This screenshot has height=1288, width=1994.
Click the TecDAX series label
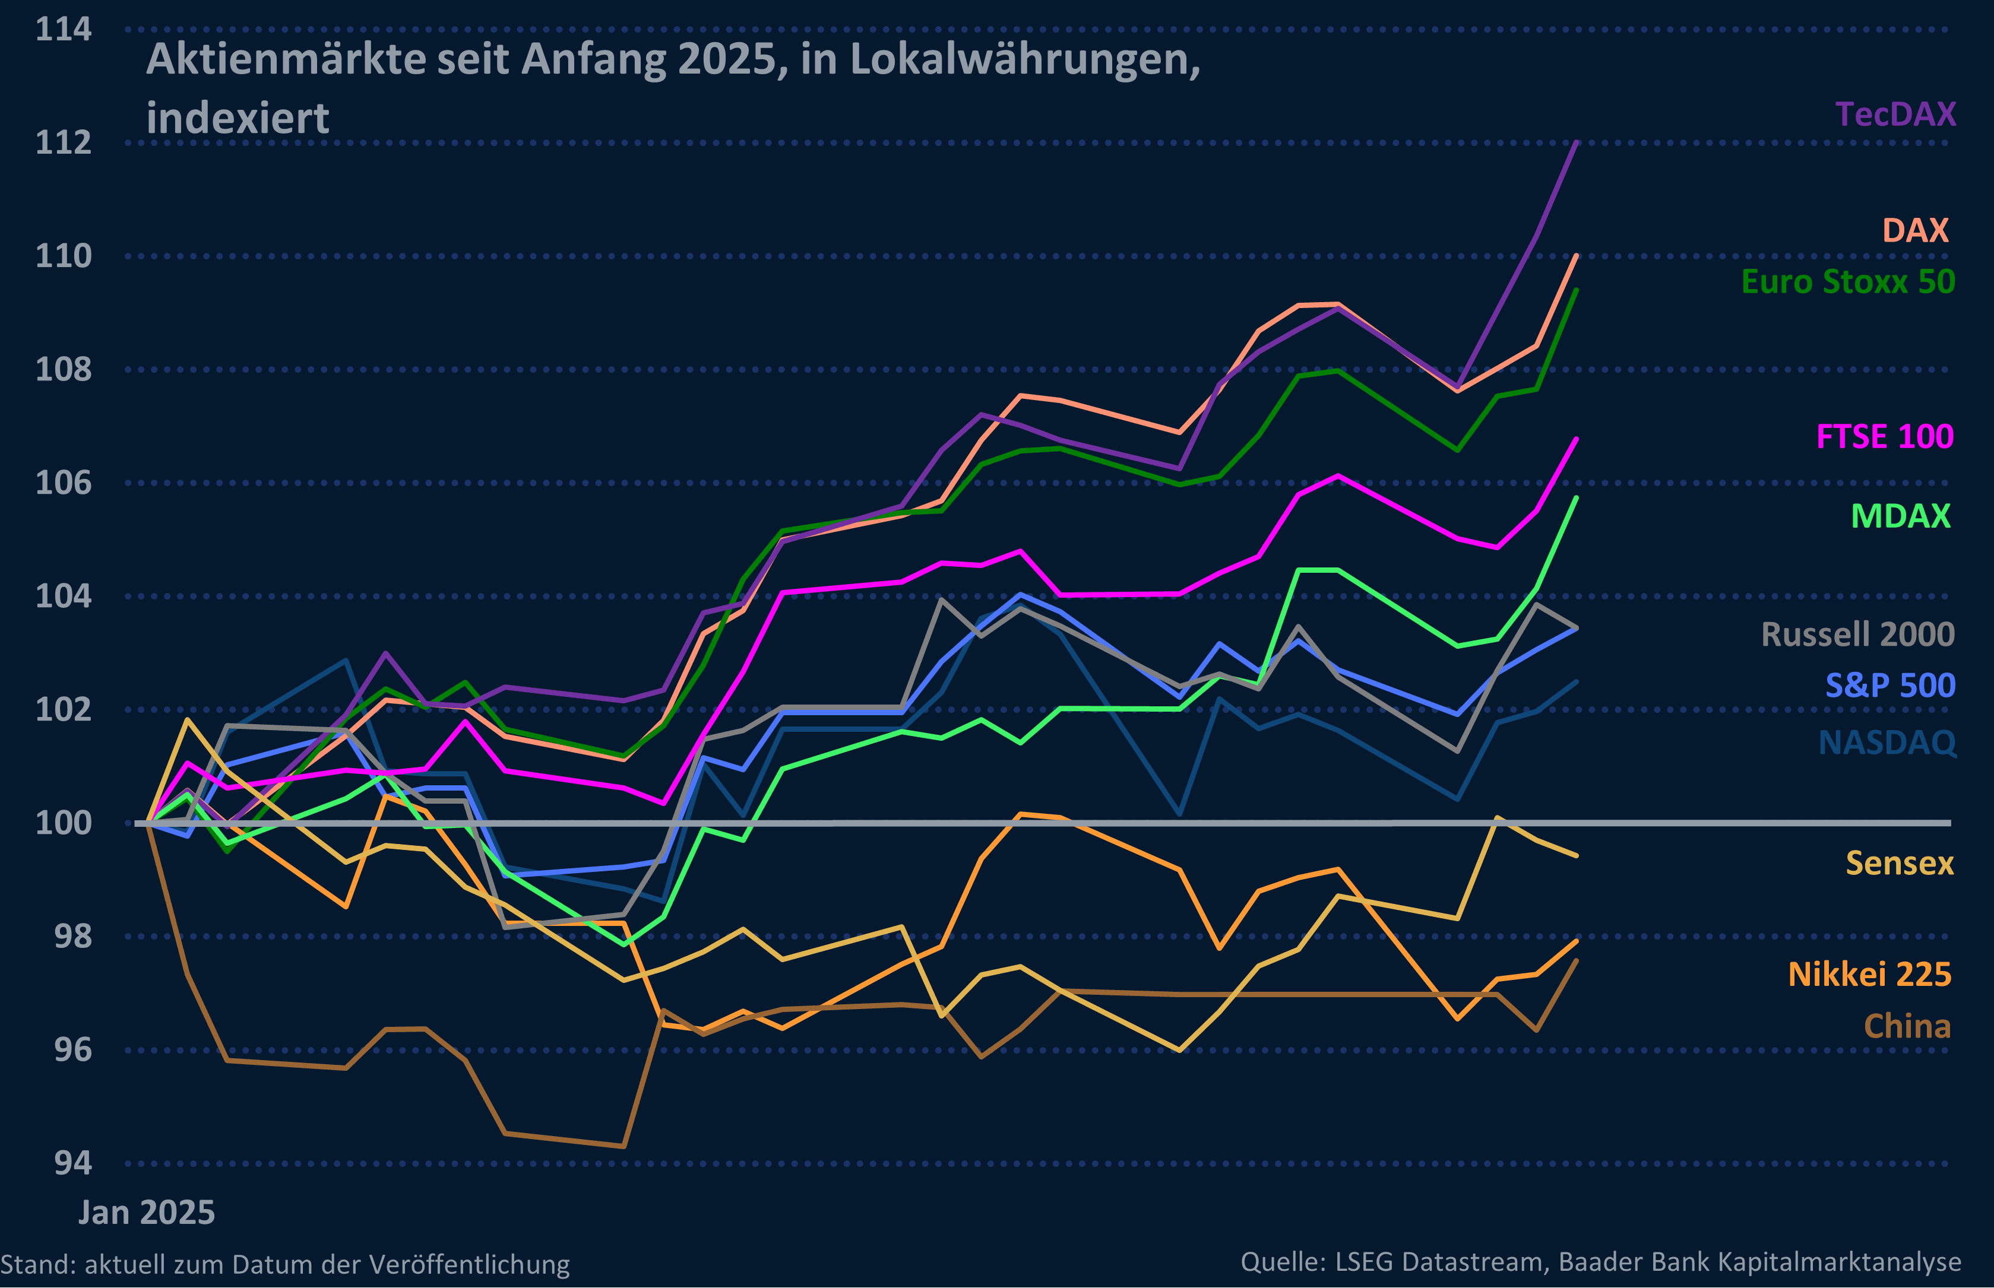pyautogui.click(x=1895, y=114)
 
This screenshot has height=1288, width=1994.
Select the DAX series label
pyautogui.click(x=1916, y=230)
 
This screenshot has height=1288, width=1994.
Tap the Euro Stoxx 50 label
pyautogui.click(x=1847, y=282)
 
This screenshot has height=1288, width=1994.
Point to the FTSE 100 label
pyautogui.click(x=1884, y=437)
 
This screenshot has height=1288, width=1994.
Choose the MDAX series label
pyautogui.click(x=1900, y=516)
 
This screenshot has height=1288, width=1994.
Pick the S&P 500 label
pyautogui.click(x=1890, y=686)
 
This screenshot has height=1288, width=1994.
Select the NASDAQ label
pyautogui.click(x=1887, y=743)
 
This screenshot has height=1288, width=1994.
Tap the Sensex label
pyautogui.click(x=1900, y=863)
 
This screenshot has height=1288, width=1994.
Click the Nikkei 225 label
pyautogui.click(x=1869, y=975)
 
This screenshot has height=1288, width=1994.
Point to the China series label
pyautogui.click(x=1907, y=1026)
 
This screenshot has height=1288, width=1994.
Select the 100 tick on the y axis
pyautogui.click(x=64, y=823)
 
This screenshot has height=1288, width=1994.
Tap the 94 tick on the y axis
pyautogui.click(x=73, y=1163)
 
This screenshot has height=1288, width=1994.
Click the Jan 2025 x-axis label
pyautogui.click(x=147, y=1213)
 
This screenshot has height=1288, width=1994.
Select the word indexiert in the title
pyautogui.click(x=238, y=118)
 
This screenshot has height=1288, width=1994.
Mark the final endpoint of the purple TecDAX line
pyautogui.click(x=1577, y=142)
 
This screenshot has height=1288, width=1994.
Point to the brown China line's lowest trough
pyautogui.click(x=623, y=1146)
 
